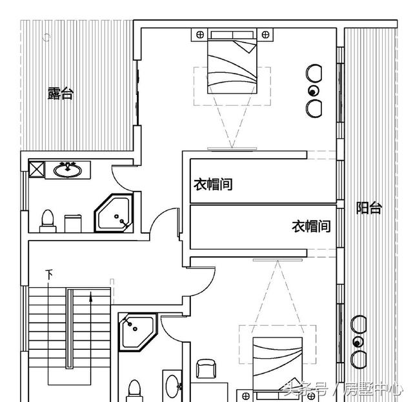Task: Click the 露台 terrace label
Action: click(61, 94)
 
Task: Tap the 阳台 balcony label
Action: click(369, 208)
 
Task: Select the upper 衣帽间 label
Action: click(213, 185)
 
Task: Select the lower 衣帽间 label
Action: click(311, 226)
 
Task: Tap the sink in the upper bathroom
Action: click(66, 170)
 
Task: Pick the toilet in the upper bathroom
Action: click(46, 219)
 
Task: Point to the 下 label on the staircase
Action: click(49, 275)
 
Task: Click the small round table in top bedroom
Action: click(314, 90)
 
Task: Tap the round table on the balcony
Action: click(358, 341)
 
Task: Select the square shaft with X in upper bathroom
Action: click(35, 170)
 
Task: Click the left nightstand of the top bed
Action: click(198, 34)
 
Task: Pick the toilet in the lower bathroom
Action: click(134, 390)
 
